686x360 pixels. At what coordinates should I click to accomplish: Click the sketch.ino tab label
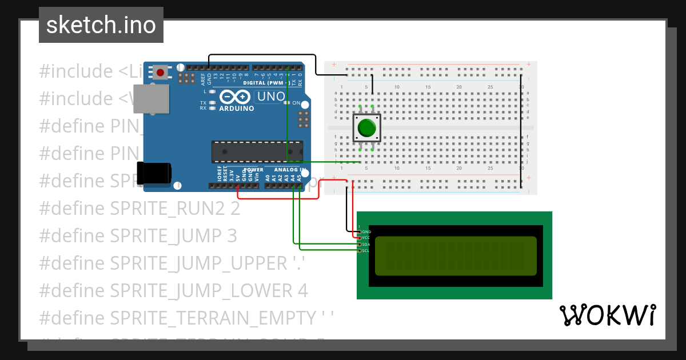tap(101, 25)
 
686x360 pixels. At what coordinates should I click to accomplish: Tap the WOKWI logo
tap(607, 315)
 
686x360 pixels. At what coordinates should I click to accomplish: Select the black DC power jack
tap(153, 173)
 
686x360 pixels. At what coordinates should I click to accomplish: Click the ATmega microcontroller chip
tap(257, 151)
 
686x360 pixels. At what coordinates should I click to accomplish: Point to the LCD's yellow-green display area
tap(456, 255)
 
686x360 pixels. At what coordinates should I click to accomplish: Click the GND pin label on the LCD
tap(366, 232)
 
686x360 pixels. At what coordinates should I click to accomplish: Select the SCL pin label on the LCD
tap(366, 250)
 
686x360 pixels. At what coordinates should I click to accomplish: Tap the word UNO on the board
tap(270, 97)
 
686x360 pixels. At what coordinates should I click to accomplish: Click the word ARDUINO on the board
tap(236, 108)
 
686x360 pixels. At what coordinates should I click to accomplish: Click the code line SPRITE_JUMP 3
tap(173, 236)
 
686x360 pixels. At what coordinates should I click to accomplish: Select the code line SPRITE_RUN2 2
tap(175, 209)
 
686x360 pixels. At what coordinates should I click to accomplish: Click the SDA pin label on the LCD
tap(366, 244)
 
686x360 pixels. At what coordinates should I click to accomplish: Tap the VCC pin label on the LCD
tap(366, 238)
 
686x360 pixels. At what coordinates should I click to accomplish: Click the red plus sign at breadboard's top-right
tap(529, 64)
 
